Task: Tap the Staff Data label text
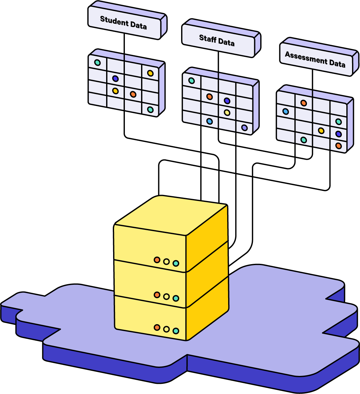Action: click(x=217, y=40)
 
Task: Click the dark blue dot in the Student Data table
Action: click(x=115, y=78)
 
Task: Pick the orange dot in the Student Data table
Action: click(x=133, y=94)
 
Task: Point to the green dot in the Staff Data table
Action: click(x=192, y=81)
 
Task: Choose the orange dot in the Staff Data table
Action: click(x=209, y=97)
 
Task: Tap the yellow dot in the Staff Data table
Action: click(x=227, y=112)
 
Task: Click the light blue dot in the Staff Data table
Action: click(x=209, y=121)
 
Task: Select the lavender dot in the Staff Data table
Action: click(x=244, y=128)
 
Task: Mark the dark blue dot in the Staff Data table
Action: click(x=227, y=101)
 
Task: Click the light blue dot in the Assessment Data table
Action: click(x=286, y=111)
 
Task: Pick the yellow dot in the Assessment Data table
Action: click(x=321, y=130)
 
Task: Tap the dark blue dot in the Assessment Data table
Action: click(x=338, y=134)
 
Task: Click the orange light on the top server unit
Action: click(x=157, y=260)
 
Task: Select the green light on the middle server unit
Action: click(x=176, y=298)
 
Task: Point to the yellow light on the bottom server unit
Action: click(x=166, y=329)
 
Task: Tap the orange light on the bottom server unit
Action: click(x=157, y=327)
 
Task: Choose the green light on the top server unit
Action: click(x=176, y=263)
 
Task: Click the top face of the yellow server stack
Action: click(x=172, y=216)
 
